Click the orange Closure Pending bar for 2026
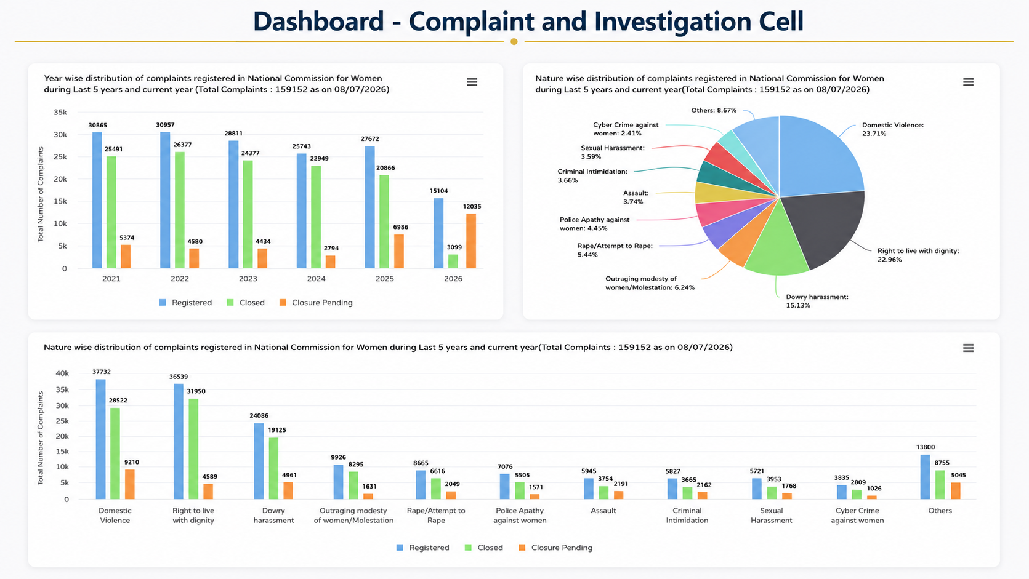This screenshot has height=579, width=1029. click(471, 241)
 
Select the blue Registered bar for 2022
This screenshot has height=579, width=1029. click(165, 200)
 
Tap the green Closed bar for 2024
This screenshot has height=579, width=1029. click(315, 217)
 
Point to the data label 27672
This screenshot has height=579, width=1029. click(370, 138)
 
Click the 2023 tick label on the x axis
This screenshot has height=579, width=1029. click(248, 279)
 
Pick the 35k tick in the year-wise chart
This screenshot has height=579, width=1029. click(60, 112)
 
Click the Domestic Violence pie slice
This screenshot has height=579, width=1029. click(818, 156)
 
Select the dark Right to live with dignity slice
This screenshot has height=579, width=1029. click(827, 225)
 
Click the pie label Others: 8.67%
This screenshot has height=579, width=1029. click(714, 110)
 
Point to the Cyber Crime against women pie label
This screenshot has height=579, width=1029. click(626, 129)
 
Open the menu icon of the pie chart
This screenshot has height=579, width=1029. click(969, 82)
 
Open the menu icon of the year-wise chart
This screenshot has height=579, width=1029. click(472, 82)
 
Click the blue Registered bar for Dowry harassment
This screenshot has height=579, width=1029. click(259, 461)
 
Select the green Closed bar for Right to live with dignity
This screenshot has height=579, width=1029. click(193, 449)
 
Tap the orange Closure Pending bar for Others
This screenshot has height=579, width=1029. click(956, 491)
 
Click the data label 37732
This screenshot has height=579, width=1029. click(102, 372)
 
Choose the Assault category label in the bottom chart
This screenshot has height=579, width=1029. click(603, 511)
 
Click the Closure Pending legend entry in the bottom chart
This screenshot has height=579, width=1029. click(555, 548)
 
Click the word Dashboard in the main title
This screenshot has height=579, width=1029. click(318, 21)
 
